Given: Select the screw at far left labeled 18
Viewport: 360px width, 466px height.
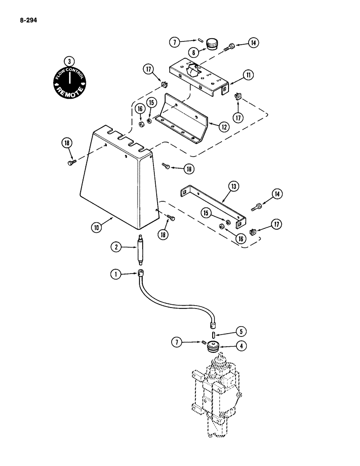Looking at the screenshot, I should tap(71, 161).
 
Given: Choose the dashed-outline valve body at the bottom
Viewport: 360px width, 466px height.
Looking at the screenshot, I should tap(216, 396).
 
